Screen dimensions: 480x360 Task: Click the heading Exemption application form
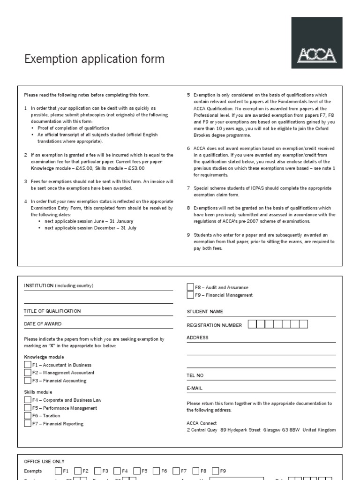[x=94, y=59]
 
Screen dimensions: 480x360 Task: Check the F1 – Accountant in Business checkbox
[x=28, y=365]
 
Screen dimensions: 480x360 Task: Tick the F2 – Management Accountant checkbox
[x=28, y=373]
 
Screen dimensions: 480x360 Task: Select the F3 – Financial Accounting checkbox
[x=28, y=381]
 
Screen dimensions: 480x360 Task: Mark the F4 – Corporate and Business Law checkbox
[x=28, y=400]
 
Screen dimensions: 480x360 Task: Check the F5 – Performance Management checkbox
[x=28, y=408]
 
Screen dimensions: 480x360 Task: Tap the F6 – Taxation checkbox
[x=28, y=415]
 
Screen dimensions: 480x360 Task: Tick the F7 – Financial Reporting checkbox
[x=28, y=423]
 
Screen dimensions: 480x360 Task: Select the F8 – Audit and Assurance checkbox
[x=190, y=287]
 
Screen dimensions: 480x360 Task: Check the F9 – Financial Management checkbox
[x=190, y=295]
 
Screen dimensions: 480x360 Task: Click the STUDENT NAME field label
[x=205, y=312]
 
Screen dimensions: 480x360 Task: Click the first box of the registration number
[x=252, y=324]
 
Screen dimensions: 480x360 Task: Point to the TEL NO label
[x=195, y=375]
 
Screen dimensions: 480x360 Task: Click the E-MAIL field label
[x=195, y=388]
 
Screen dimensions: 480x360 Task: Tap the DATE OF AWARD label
[x=43, y=324]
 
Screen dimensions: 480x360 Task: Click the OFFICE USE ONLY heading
[x=44, y=462]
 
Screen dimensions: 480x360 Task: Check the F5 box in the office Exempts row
[x=137, y=471]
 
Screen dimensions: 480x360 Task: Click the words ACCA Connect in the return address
[x=202, y=423]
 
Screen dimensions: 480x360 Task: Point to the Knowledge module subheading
[x=44, y=357]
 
